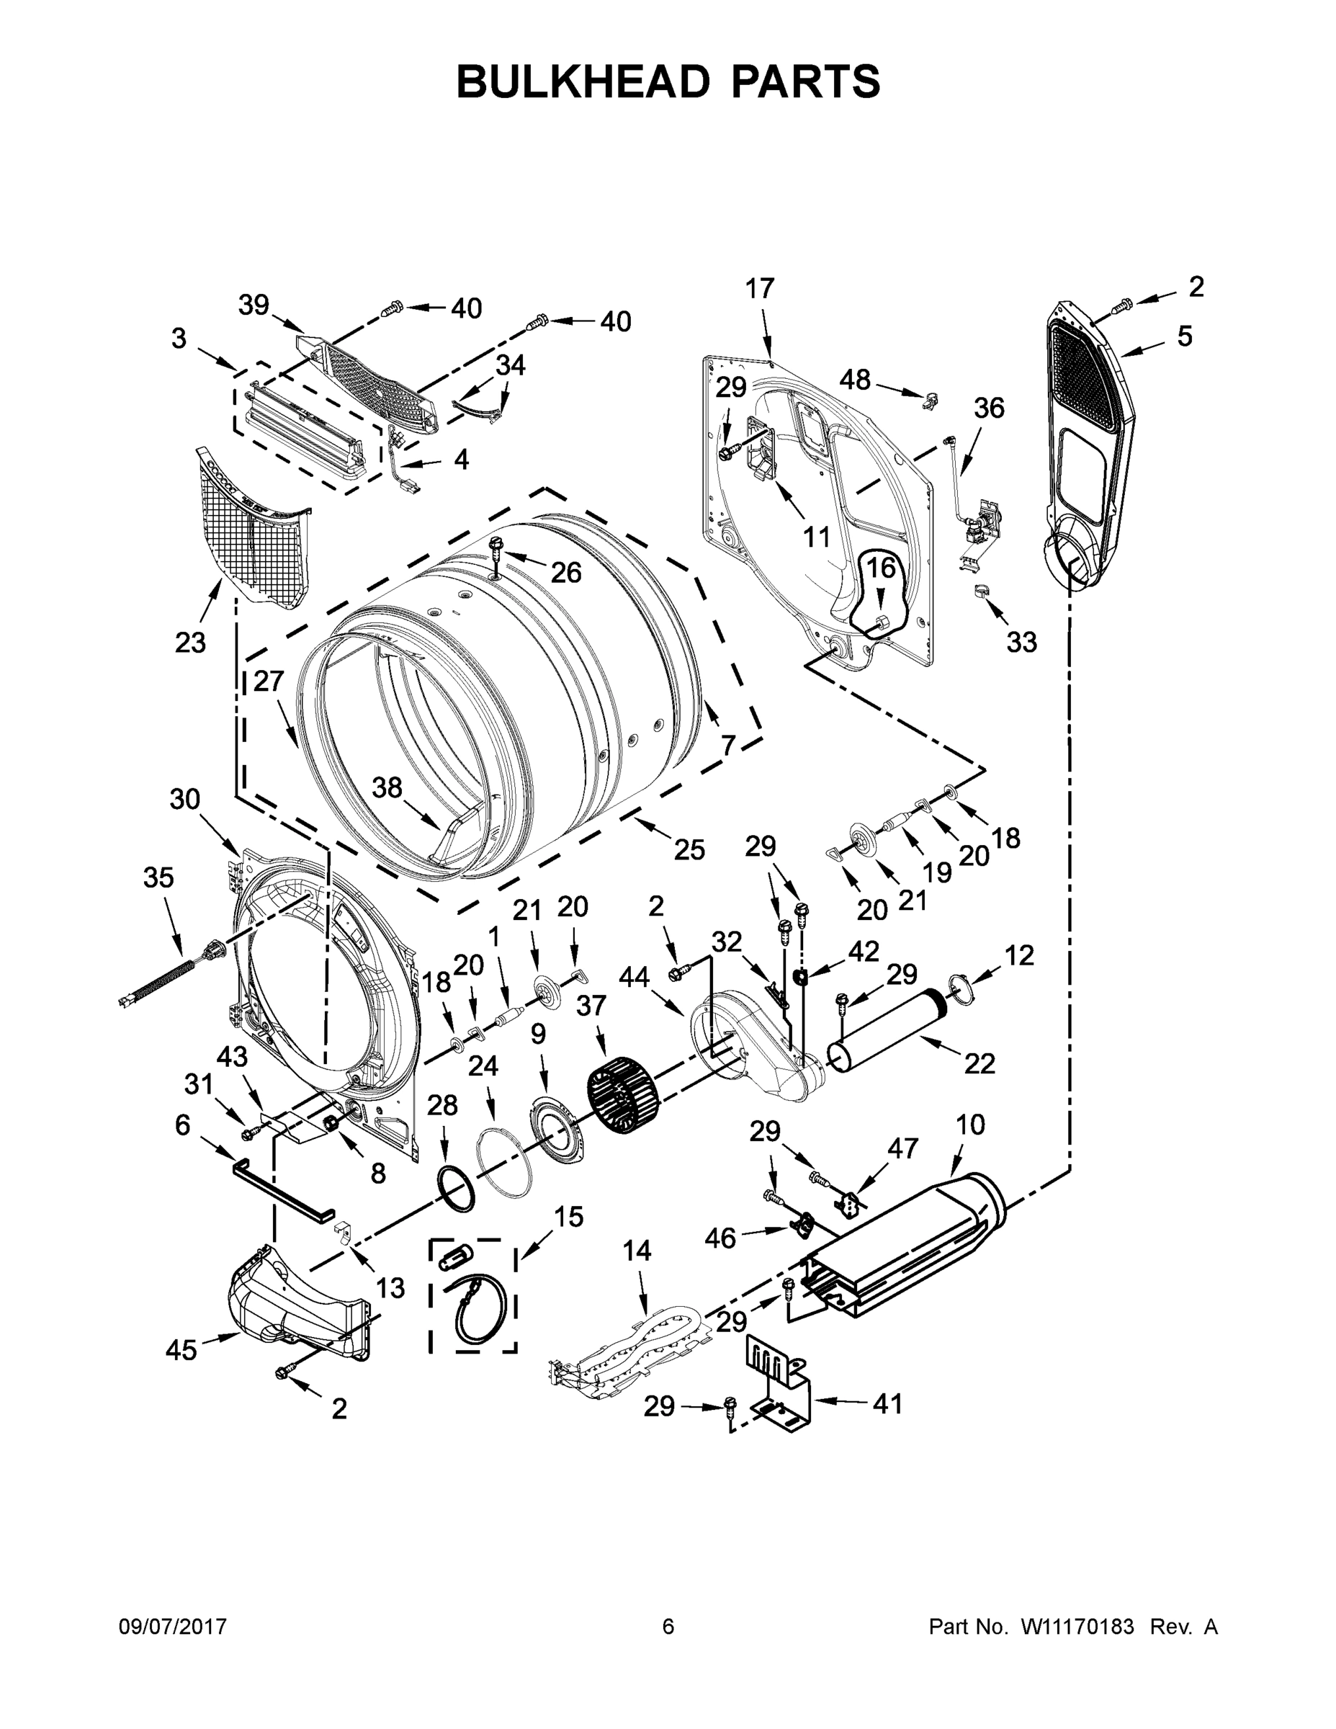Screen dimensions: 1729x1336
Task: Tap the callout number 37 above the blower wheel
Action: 591,1006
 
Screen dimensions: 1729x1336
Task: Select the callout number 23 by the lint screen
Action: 190,643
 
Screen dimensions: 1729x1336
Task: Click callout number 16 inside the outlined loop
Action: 880,567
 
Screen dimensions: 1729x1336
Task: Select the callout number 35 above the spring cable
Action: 158,877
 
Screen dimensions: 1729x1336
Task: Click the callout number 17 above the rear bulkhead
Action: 760,288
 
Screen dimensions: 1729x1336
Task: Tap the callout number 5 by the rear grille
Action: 1184,336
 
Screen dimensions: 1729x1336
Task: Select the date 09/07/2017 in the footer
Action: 173,1626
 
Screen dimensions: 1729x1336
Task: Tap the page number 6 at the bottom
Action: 668,1626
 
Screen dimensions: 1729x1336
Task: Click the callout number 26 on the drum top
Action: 566,571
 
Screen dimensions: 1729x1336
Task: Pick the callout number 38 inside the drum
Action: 387,787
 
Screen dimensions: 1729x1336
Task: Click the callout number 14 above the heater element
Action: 637,1250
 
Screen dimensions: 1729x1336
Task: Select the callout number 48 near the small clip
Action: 855,380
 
